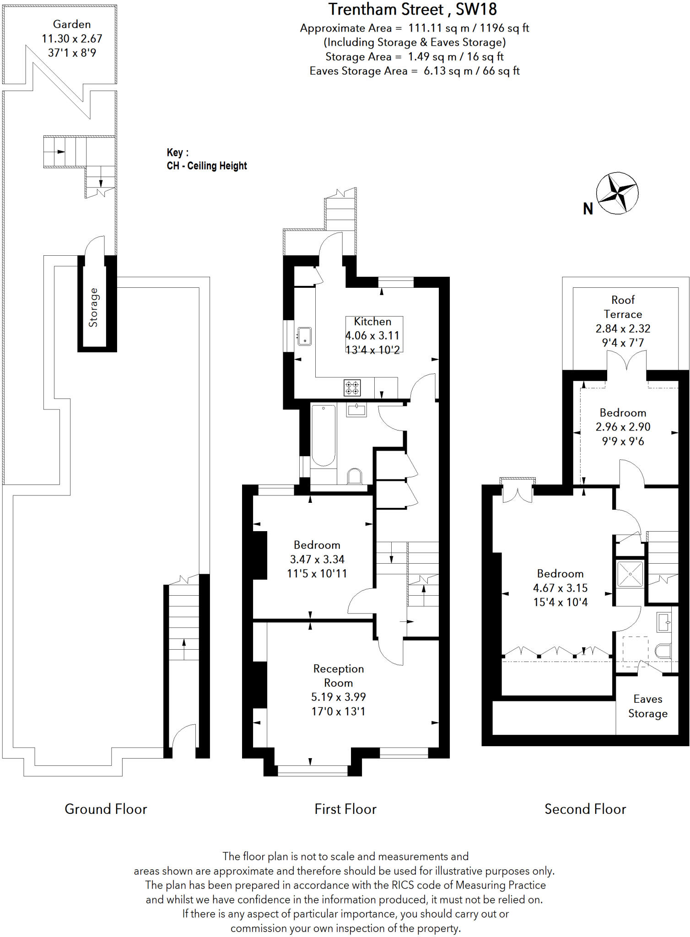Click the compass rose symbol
coord(617,193)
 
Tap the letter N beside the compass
coord(588,209)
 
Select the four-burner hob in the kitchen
coord(352,388)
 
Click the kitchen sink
coord(304,336)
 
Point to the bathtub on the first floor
coord(323,435)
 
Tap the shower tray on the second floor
coord(630,574)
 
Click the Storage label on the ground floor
coord(93,307)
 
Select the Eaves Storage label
coord(647,706)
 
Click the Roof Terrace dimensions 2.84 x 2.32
coord(623,328)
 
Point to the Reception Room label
coord(338,675)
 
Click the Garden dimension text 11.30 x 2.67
coord(72,38)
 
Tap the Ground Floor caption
coord(106,809)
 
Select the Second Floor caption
coord(585,809)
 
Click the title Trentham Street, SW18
coord(412,9)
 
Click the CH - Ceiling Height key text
coord(207,166)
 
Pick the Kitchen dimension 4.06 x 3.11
coord(372,335)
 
